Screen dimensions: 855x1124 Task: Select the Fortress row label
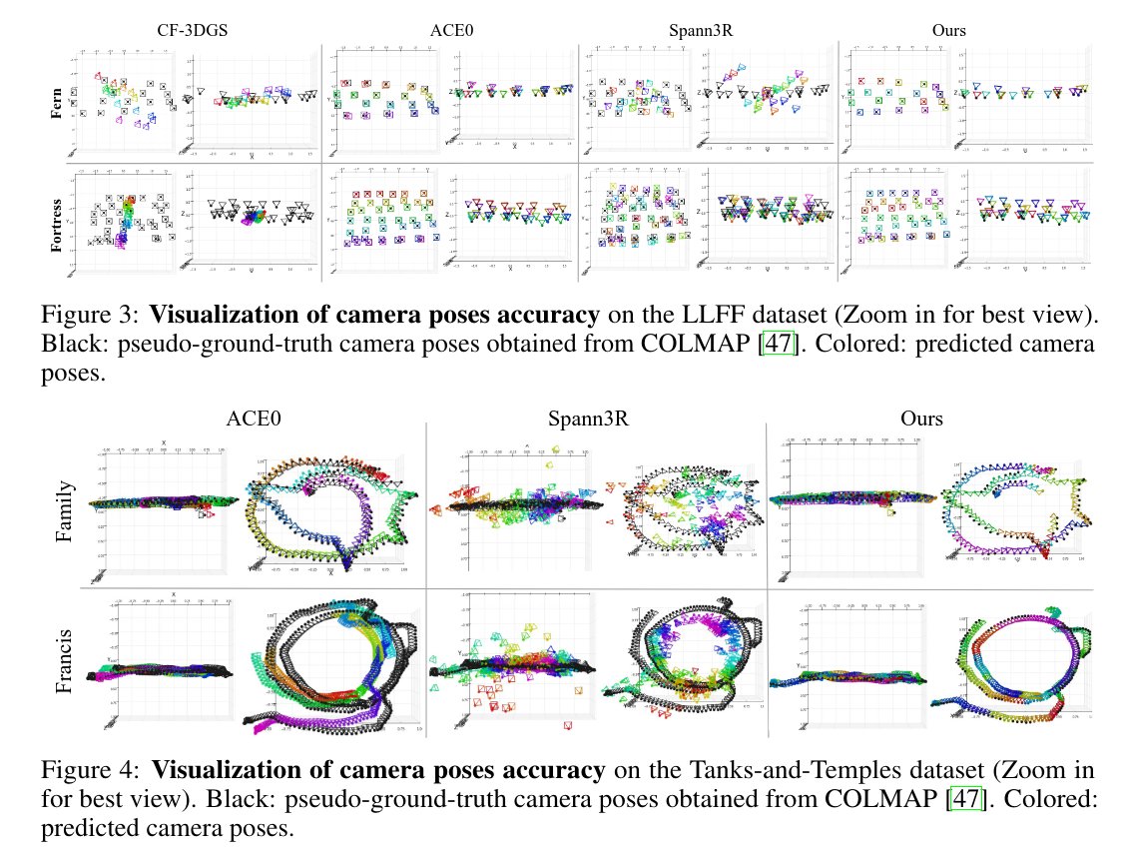click(x=57, y=215)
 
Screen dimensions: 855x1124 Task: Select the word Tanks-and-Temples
click(x=820, y=771)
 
